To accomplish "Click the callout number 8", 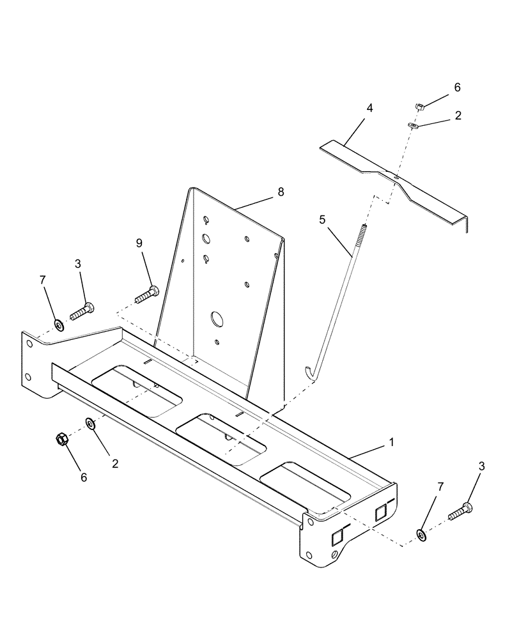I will click(281, 192).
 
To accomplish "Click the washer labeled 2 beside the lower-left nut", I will click(90, 423).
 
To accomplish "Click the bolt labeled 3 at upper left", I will click(82, 312).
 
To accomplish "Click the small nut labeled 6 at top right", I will click(419, 106).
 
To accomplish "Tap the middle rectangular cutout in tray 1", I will click(221, 438).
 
